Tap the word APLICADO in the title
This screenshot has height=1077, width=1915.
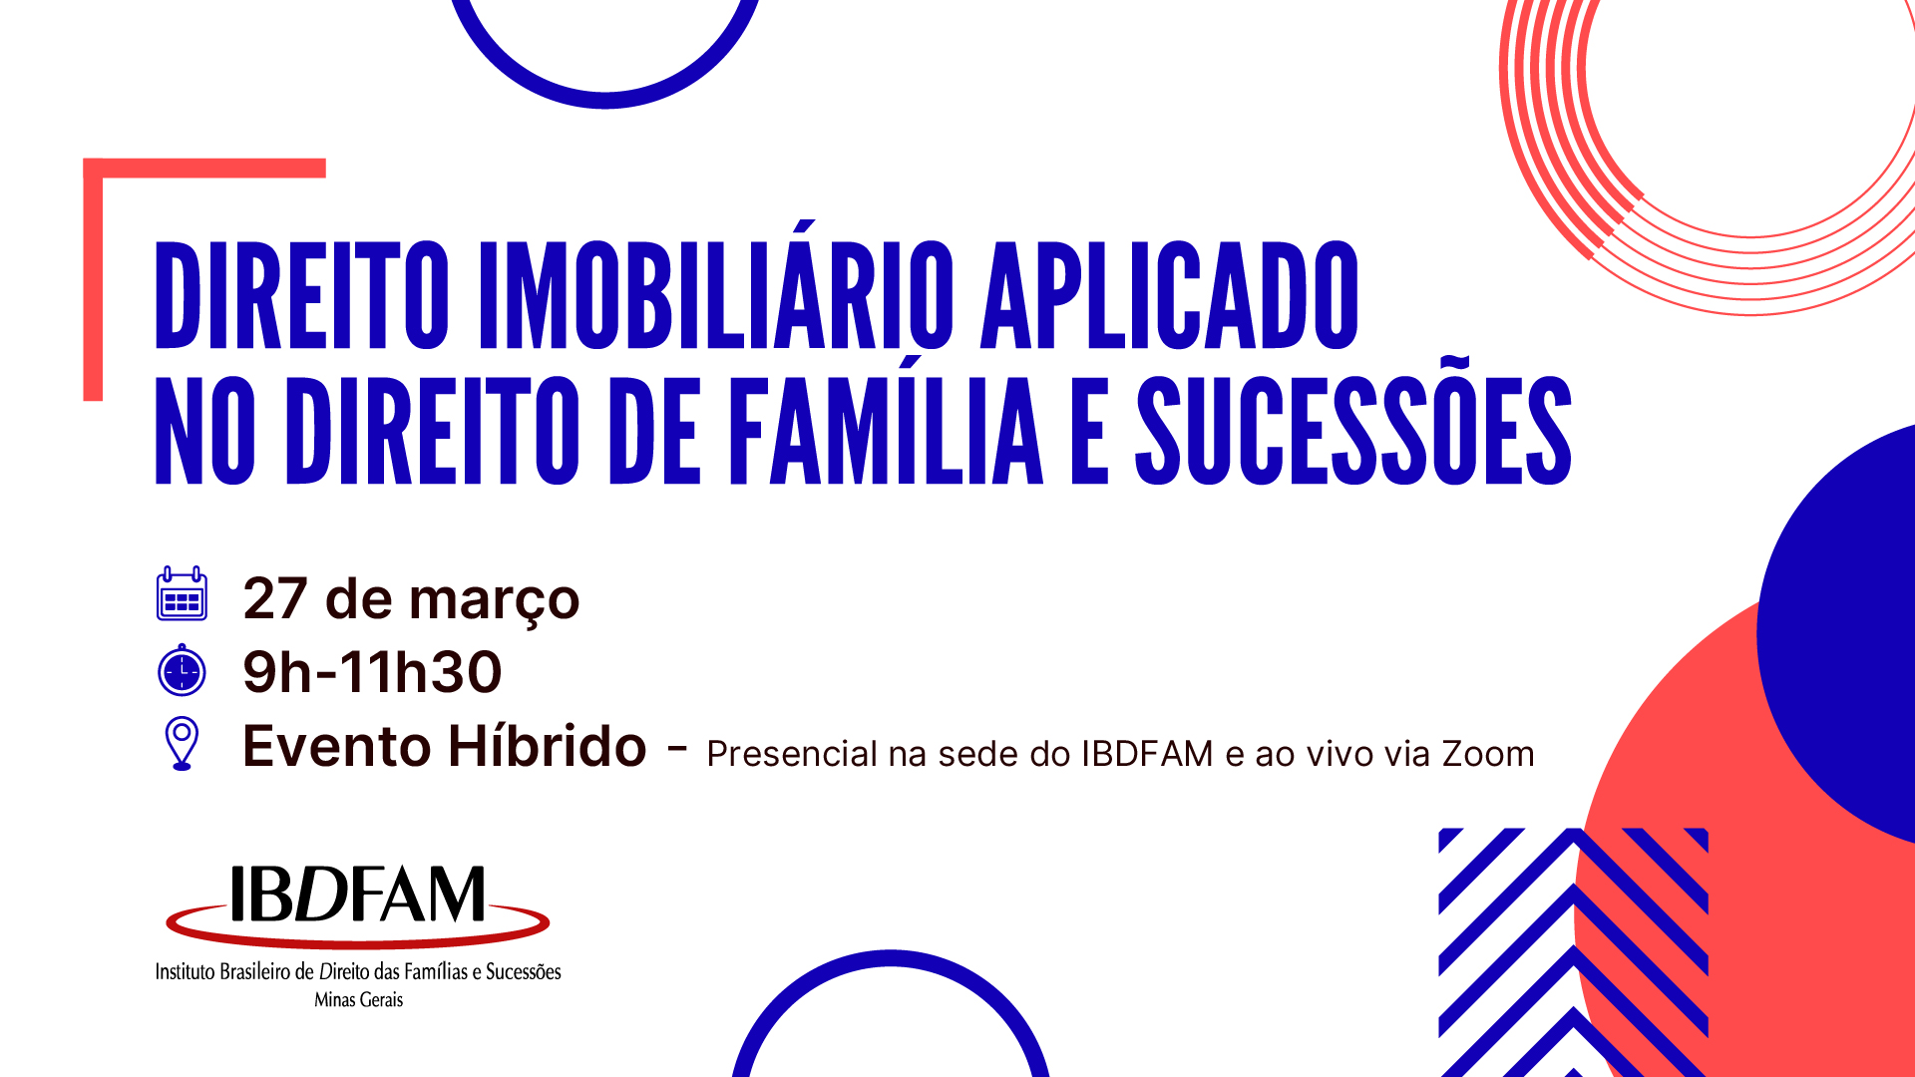click(x=1170, y=295)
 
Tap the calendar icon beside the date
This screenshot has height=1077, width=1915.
click(x=182, y=593)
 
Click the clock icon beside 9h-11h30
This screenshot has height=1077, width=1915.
click(x=182, y=669)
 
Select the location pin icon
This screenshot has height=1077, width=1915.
click(x=182, y=744)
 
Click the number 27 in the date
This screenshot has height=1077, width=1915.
click(x=275, y=598)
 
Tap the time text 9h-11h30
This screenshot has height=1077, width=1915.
click(x=372, y=672)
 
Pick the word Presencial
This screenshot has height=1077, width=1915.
click(x=792, y=754)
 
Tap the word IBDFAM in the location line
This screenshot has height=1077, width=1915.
click(x=1147, y=754)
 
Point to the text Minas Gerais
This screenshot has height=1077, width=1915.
click(x=359, y=999)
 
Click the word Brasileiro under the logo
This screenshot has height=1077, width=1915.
click(x=254, y=971)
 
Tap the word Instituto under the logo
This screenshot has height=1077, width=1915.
click(x=185, y=971)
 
